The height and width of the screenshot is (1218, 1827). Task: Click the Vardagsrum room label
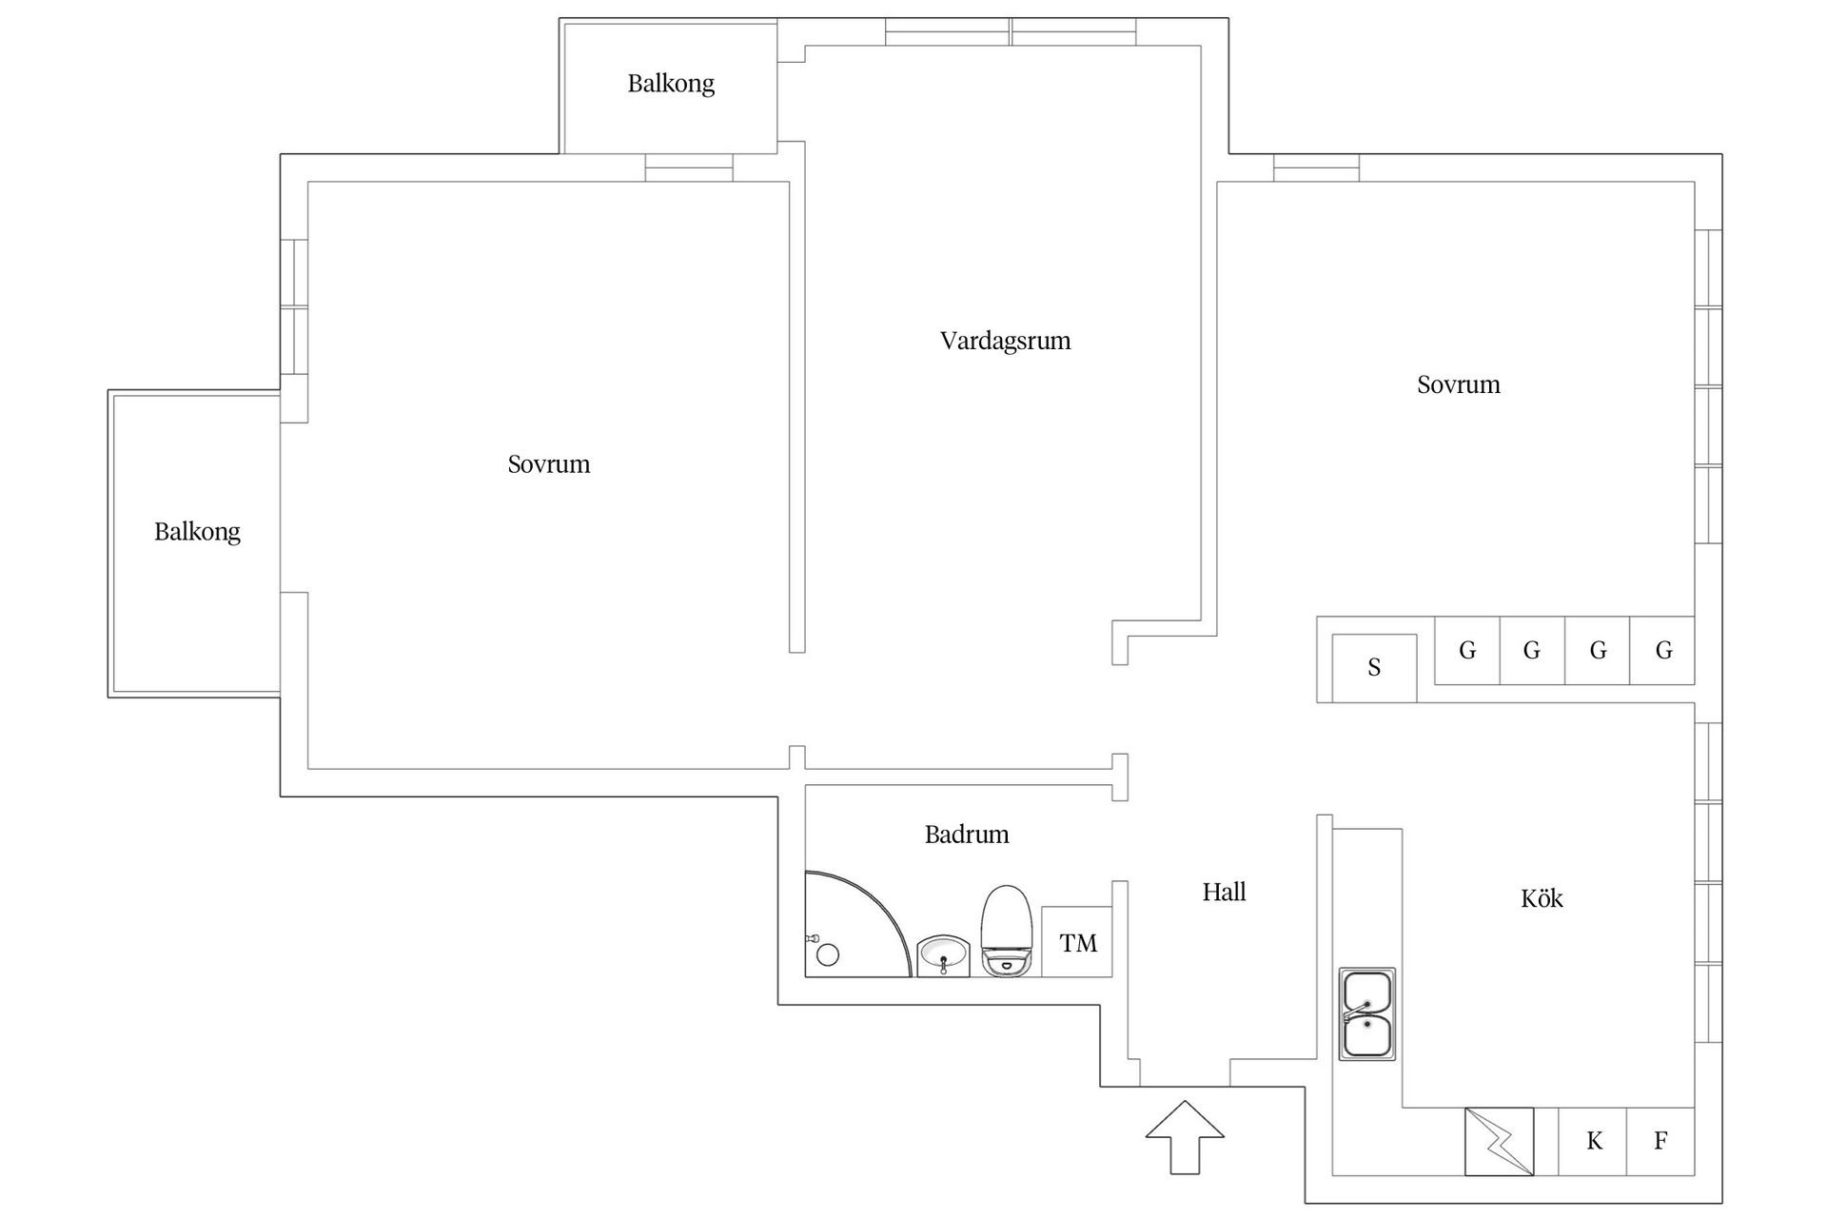tap(1005, 341)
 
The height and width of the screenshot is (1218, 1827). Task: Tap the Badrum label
tap(966, 835)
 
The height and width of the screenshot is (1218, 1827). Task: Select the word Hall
tap(1224, 892)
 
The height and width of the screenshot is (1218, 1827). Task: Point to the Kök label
tap(1542, 898)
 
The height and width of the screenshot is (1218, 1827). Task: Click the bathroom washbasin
tap(943, 955)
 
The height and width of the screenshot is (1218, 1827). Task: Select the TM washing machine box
tap(1077, 942)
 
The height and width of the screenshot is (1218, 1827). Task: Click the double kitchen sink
tap(1367, 1014)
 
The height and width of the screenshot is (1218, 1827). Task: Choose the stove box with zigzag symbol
tap(1499, 1141)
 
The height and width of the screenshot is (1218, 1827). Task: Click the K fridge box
tap(1594, 1141)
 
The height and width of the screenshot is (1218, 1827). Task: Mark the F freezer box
tap(1660, 1141)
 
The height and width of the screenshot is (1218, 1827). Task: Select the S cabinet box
tap(1374, 668)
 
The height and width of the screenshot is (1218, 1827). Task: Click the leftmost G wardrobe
tap(1467, 651)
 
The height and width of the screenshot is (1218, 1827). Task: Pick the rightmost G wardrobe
tap(1663, 651)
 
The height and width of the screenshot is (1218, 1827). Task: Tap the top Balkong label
tap(671, 84)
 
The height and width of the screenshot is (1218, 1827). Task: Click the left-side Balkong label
tap(197, 531)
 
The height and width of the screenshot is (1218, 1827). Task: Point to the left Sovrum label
tap(548, 464)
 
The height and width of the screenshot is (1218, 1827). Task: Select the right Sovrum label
tap(1458, 384)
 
